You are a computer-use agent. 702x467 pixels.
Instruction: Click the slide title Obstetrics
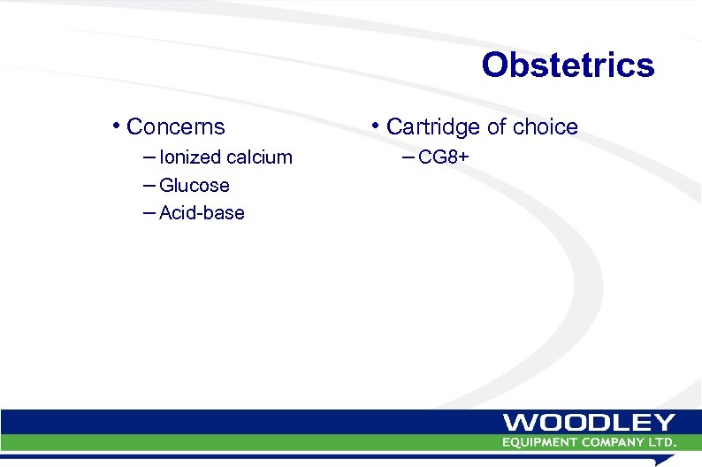pos(568,65)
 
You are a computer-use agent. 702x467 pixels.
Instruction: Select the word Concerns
pos(176,127)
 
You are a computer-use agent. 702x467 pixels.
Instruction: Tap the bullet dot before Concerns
pos(117,126)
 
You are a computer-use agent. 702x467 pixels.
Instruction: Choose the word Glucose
pos(194,186)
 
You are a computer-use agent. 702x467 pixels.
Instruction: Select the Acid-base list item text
pos(202,213)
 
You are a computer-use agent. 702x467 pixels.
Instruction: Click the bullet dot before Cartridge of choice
pos(377,126)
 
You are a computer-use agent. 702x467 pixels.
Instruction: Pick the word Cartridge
pos(433,127)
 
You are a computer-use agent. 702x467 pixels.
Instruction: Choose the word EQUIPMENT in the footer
pos(542,441)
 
